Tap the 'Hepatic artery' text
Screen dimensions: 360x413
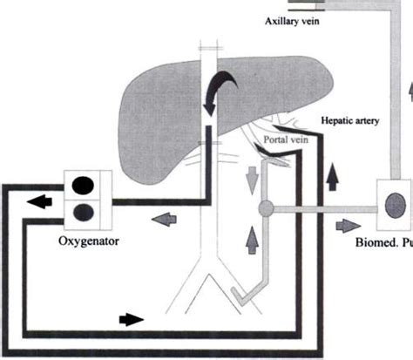click(x=350, y=121)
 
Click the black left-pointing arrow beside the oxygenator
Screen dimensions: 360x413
click(x=38, y=204)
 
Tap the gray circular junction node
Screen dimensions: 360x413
click(x=266, y=209)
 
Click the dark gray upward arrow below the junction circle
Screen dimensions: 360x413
click(x=254, y=238)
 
